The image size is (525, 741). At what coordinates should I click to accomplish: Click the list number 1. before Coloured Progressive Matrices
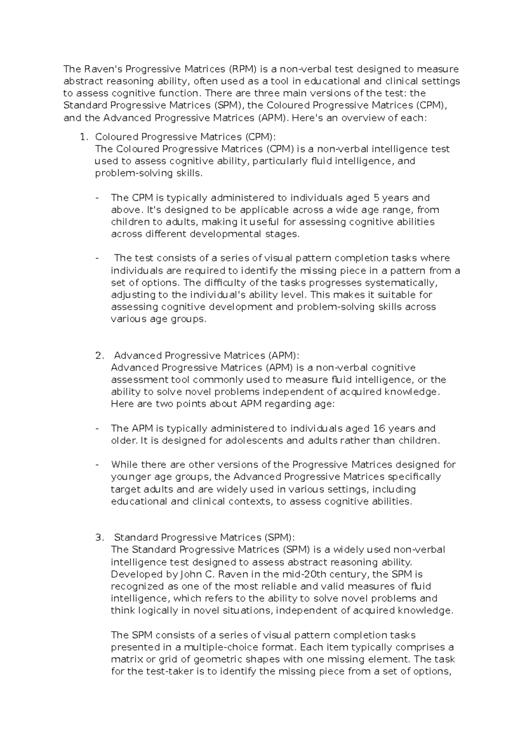pos(84,137)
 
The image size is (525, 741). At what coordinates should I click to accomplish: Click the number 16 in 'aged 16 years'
pos(377,428)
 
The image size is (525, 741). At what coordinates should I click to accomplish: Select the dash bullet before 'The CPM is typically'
pos(97,197)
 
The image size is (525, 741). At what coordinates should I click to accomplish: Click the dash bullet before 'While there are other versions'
pos(97,464)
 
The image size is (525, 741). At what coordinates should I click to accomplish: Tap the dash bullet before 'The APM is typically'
pos(97,428)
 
